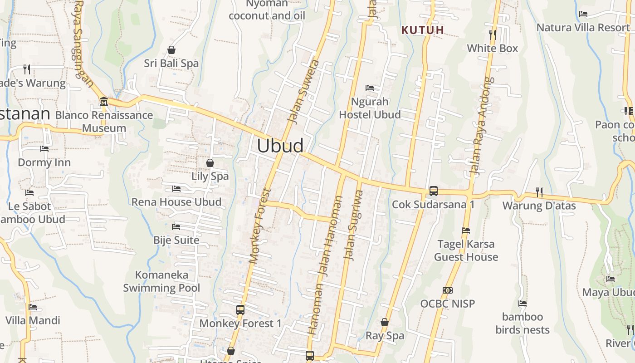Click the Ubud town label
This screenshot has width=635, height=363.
point(280,146)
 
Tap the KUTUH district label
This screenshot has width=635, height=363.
point(423,30)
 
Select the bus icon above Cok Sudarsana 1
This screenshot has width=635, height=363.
point(434,191)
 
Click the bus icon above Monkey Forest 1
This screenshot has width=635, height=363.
point(240,310)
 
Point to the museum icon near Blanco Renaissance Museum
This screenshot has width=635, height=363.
point(103,101)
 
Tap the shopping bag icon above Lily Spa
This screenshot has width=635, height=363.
point(210,163)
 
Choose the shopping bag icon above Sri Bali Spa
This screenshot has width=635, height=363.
point(171,50)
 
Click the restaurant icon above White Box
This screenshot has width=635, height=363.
point(493,34)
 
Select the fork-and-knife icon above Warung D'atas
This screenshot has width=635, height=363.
point(539,192)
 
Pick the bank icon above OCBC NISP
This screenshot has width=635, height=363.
point(448,290)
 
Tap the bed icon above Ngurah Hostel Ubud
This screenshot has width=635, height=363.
point(370,88)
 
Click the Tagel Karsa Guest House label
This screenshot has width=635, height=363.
point(466,250)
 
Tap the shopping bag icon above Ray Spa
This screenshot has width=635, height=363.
point(385,323)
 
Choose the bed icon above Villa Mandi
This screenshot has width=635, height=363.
point(33,307)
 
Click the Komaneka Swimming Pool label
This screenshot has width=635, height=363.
point(161,281)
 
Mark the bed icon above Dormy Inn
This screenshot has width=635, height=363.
point(44,149)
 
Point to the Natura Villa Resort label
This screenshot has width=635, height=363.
point(583,27)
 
